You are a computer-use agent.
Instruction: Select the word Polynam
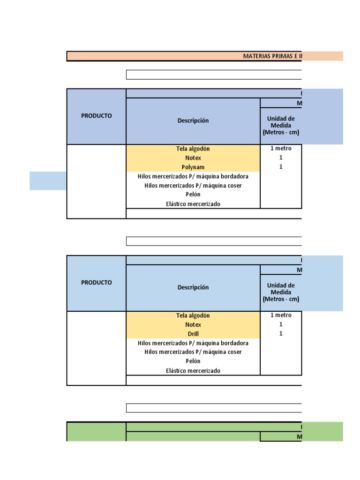pyautogui.click(x=193, y=167)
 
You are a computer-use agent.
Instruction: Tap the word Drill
pyautogui.click(x=193, y=334)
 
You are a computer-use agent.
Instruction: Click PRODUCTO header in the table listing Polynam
pyautogui.click(x=97, y=116)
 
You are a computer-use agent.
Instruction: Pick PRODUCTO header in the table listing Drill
pyautogui.click(x=97, y=283)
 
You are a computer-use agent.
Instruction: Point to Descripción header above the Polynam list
pyautogui.click(x=193, y=120)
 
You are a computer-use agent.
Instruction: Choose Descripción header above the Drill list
pyautogui.click(x=193, y=287)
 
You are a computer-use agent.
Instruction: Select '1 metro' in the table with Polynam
pyautogui.click(x=281, y=149)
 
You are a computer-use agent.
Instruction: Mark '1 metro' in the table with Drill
pyautogui.click(x=281, y=315)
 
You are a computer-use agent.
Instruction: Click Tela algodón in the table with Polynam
pyautogui.click(x=193, y=149)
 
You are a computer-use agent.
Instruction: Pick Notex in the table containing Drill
pyautogui.click(x=193, y=324)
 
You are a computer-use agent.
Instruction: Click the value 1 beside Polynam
pyautogui.click(x=281, y=167)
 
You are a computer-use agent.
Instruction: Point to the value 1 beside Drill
pyautogui.click(x=281, y=333)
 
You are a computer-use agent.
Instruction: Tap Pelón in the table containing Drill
pyautogui.click(x=193, y=361)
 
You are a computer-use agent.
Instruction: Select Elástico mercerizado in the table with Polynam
pyautogui.click(x=193, y=204)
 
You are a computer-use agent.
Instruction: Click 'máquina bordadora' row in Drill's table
pyautogui.click(x=193, y=343)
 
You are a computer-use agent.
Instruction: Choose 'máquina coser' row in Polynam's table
pyautogui.click(x=193, y=186)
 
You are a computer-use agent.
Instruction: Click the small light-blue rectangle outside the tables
pyautogui.click(x=48, y=181)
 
